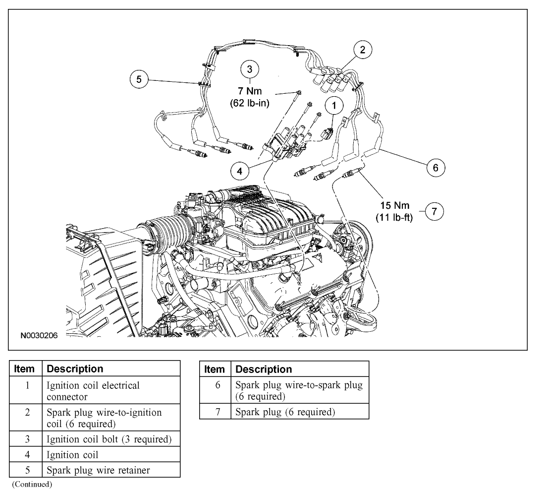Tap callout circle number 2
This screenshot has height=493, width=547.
(362, 50)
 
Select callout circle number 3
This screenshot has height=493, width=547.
(250, 69)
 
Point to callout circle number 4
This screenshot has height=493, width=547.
(240, 171)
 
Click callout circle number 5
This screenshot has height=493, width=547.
(139, 79)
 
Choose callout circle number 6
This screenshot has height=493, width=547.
(436, 168)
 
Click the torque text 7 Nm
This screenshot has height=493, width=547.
(250, 92)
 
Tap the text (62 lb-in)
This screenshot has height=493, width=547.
(250, 104)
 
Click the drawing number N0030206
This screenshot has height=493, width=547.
(39, 336)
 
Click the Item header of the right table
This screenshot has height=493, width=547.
(215, 369)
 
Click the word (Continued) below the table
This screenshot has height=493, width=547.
(32, 483)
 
